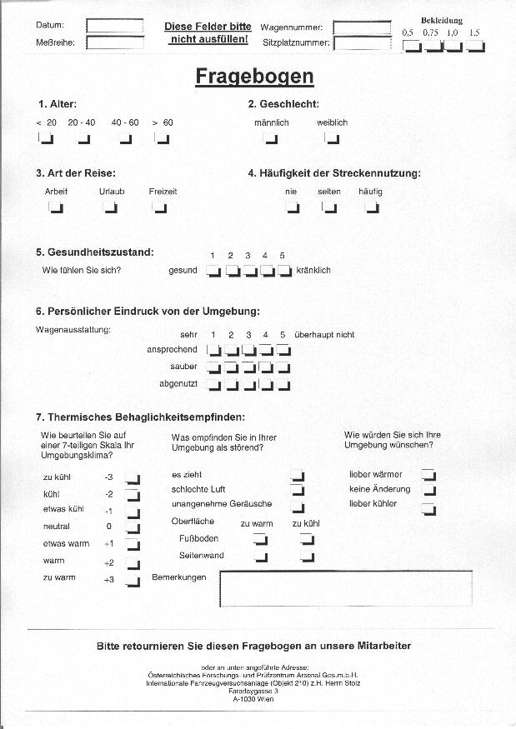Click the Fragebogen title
254,77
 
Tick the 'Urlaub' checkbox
111,207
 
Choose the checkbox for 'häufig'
372,207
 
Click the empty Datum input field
114,26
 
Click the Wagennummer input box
362,27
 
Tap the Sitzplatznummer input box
362,42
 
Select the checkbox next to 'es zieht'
298,476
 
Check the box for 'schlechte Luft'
298,491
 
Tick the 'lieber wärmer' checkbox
428,475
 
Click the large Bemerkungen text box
346,589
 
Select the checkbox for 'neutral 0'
133,527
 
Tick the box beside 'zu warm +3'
133,580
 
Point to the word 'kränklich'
313,270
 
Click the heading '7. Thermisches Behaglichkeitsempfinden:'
140,417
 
